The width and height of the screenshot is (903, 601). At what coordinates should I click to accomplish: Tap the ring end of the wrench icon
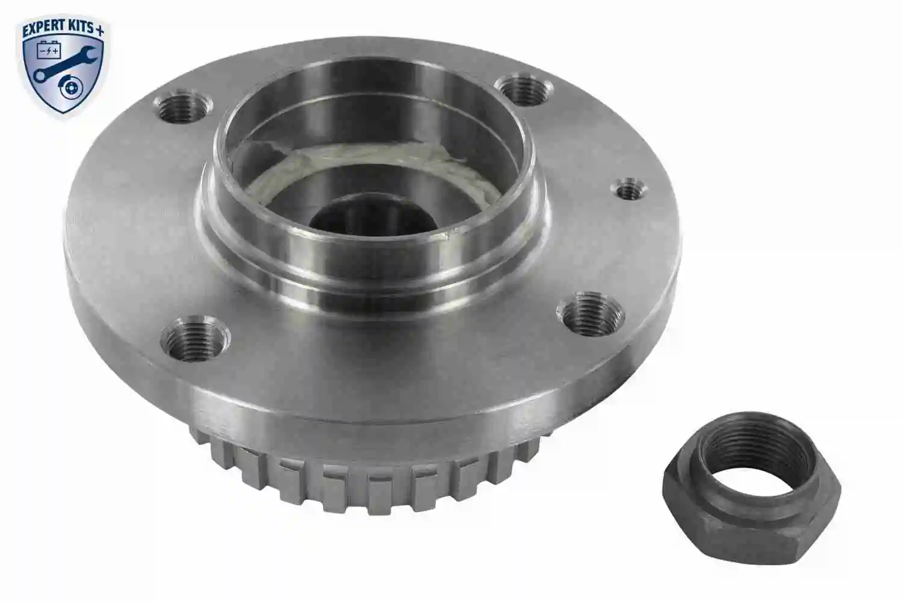(x=40, y=75)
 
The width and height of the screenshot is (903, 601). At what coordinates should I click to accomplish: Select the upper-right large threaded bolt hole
(x=527, y=89)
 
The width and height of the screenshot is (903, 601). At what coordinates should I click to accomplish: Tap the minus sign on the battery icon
(x=43, y=51)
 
